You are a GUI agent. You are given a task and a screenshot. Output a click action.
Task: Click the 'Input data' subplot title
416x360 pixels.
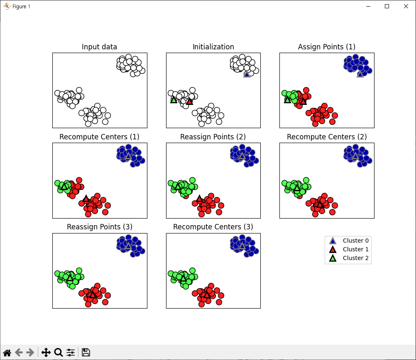(x=99, y=46)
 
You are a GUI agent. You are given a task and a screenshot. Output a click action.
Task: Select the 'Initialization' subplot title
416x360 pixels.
(x=213, y=46)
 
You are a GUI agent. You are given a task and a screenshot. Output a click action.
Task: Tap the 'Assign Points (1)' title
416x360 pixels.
(x=327, y=46)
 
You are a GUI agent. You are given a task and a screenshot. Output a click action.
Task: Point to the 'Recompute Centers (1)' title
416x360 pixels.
(x=99, y=137)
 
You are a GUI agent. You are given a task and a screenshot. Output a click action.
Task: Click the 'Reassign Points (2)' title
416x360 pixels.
(x=213, y=137)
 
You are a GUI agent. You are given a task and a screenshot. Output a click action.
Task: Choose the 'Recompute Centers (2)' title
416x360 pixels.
(x=327, y=137)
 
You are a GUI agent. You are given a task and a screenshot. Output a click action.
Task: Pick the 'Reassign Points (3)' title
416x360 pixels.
(x=100, y=227)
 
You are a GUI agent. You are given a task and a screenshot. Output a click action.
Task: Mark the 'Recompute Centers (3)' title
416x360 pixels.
(x=213, y=227)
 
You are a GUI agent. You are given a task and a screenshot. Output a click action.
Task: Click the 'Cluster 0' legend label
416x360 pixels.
(x=355, y=241)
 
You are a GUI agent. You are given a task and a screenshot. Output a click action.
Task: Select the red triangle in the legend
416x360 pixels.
(x=333, y=249)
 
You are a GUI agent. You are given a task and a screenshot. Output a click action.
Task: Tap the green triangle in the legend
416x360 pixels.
(x=333, y=258)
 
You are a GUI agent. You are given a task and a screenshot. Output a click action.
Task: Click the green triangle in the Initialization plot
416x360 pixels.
(x=174, y=100)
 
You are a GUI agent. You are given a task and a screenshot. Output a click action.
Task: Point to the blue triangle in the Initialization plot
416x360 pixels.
(x=247, y=74)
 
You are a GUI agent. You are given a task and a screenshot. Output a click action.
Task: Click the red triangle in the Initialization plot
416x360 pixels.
(x=189, y=102)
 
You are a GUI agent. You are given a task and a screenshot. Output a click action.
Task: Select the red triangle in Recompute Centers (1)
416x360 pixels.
(x=86, y=199)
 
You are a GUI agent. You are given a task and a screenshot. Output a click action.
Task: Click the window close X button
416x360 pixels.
(x=406, y=6)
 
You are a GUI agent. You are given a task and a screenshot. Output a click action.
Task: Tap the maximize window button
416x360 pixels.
(x=387, y=6)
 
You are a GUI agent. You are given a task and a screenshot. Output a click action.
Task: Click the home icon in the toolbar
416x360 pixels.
(x=7, y=353)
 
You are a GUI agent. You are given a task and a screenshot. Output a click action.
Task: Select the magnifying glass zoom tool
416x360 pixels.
(x=59, y=353)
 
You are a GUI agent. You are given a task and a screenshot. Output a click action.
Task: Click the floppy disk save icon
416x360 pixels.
(x=86, y=353)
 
